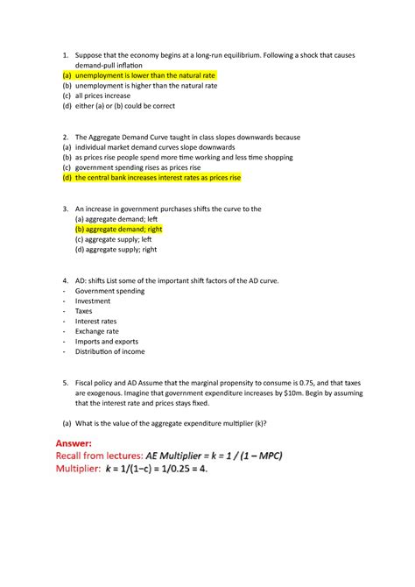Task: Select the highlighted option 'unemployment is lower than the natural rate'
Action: coord(144,76)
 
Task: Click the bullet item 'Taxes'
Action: coord(83,310)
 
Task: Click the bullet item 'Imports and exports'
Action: coord(106,342)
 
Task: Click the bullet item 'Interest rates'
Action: coord(96,321)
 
